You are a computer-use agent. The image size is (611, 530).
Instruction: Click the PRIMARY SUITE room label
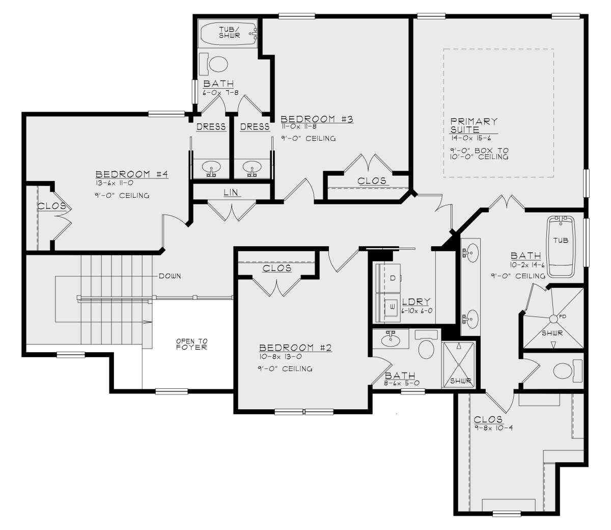point(474,125)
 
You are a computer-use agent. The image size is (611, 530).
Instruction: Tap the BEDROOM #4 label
point(131,174)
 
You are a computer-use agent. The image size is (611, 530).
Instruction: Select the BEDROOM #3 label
point(317,119)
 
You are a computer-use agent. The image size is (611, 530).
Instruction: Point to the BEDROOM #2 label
point(295,348)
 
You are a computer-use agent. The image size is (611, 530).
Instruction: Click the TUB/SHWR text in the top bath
point(230,32)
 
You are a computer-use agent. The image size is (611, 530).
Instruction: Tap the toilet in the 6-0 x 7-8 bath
point(213,64)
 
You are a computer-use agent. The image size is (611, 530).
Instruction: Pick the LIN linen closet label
point(231,192)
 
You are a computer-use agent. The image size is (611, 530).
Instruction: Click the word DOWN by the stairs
point(170,276)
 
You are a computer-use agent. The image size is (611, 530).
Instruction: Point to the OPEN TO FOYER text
point(191,344)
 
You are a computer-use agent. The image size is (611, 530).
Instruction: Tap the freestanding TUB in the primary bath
point(561,247)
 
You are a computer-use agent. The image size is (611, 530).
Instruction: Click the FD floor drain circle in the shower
point(553,319)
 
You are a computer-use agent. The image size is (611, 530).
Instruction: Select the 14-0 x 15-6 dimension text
point(471,138)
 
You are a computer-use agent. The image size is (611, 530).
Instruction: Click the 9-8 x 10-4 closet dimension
point(494,428)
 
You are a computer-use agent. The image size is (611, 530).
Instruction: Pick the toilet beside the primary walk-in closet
point(568,371)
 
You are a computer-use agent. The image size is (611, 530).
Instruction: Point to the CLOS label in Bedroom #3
point(372,180)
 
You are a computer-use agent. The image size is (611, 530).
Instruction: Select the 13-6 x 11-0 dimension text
point(114,183)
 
